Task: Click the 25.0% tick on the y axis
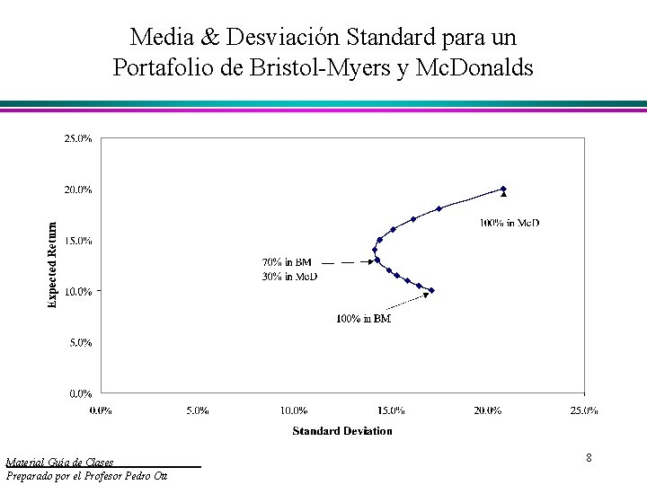75,138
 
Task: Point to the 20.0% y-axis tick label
75,190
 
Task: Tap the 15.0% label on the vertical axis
75,241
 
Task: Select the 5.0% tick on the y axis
75,342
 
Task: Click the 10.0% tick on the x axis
294,410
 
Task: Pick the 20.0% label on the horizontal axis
487,410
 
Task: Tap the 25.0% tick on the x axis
584,410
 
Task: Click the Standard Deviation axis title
342,431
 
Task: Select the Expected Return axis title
52,266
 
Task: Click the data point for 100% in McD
503,190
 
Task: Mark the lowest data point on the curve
431,291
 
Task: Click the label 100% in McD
510,222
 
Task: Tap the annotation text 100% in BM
363,319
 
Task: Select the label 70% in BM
286,262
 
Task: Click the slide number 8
589,458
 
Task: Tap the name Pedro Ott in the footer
155,475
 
